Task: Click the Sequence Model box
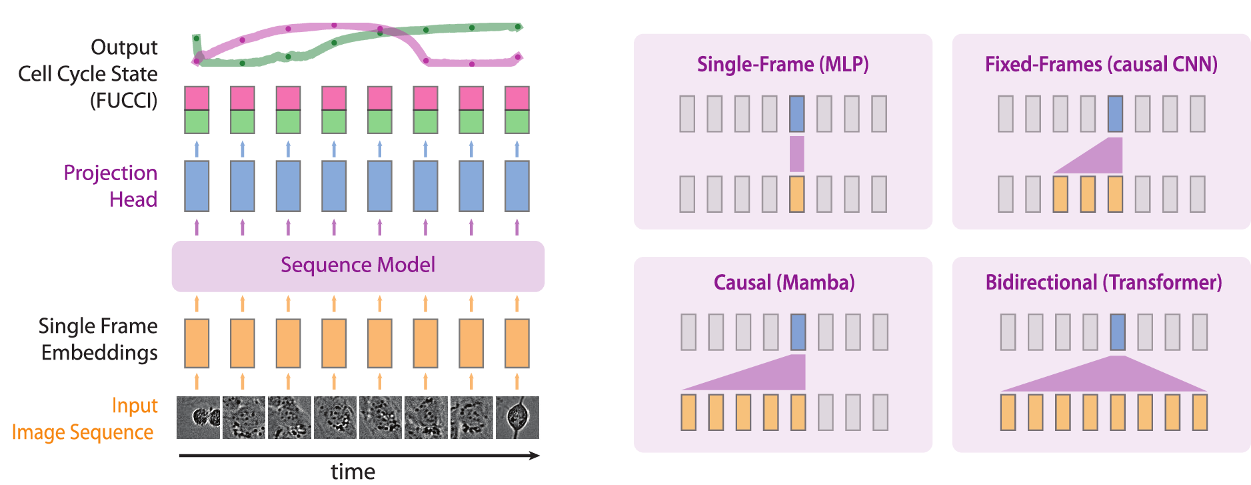(x=358, y=266)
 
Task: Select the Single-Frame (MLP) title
(x=782, y=65)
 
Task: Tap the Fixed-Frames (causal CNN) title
(x=1101, y=65)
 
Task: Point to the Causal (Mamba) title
(x=784, y=283)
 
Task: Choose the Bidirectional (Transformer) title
(x=1104, y=283)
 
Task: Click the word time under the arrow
(x=353, y=472)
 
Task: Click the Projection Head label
(x=111, y=186)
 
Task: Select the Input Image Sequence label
(x=85, y=419)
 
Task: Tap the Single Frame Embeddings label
(x=98, y=339)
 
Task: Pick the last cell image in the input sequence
(x=517, y=418)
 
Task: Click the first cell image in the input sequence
(x=198, y=418)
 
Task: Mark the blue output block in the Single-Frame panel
(x=796, y=113)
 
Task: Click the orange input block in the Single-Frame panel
(x=796, y=194)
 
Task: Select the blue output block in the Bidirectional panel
(x=1118, y=332)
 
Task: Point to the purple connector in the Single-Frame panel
(x=796, y=154)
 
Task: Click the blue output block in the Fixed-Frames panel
(x=1115, y=113)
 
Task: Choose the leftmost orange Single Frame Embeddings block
(x=197, y=344)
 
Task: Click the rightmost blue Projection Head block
(x=517, y=186)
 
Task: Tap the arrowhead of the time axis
(x=535, y=456)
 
